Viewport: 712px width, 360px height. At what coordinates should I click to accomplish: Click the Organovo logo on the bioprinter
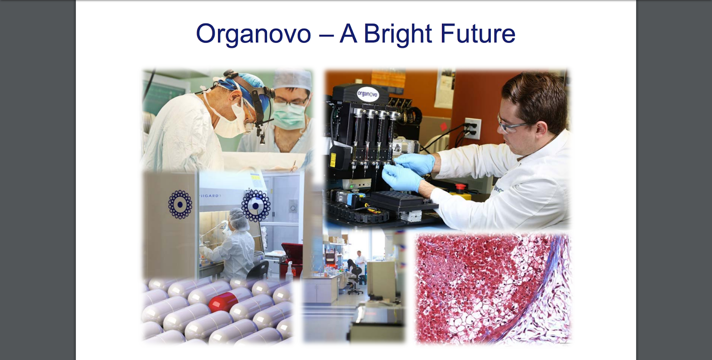368,94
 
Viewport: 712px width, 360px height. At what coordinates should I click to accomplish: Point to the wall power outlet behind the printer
472,128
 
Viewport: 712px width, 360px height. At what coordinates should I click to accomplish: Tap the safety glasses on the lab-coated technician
512,125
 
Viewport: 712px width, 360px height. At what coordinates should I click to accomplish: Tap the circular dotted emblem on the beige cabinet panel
180,205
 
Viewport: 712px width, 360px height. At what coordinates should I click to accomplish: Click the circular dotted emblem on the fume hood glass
256,206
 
